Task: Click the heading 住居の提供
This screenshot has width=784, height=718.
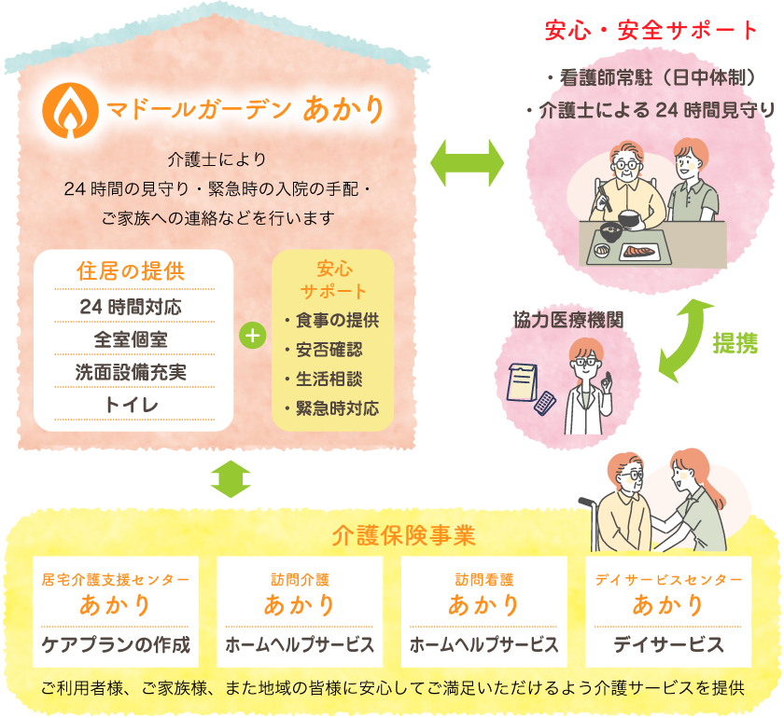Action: [132, 272]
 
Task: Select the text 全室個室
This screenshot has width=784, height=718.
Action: [132, 338]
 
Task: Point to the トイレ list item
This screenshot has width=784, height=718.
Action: [132, 404]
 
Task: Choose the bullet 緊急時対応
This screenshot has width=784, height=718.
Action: [331, 408]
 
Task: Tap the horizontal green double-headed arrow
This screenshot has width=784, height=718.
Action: [467, 164]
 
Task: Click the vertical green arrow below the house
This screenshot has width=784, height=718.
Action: [231, 478]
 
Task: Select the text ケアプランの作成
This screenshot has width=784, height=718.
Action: [116, 644]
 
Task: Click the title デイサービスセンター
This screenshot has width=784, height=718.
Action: [668, 580]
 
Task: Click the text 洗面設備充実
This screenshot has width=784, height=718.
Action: [132, 371]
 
